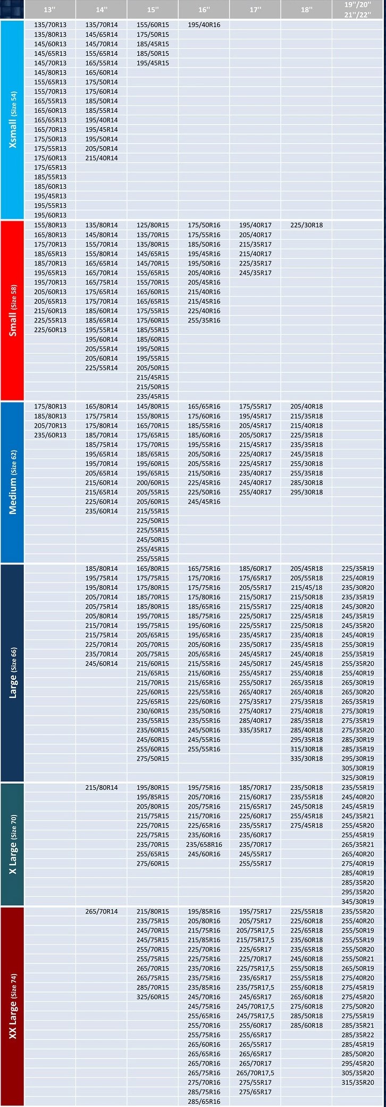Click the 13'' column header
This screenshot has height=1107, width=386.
click(50, 10)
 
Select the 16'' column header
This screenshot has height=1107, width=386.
click(204, 10)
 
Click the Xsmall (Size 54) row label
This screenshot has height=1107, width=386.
click(13, 120)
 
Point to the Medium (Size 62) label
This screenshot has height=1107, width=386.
click(13, 482)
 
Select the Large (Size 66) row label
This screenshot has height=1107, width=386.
click(13, 672)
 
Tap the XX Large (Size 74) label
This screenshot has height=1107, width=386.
click(13, 1006)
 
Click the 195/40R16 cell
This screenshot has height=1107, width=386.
click(204, 25)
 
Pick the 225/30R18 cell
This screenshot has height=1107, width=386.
click(306, 225)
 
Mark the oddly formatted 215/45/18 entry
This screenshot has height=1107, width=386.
click(306, 588)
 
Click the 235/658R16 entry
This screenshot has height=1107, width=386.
click(204, 845)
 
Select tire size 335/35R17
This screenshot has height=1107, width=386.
click(255, 730)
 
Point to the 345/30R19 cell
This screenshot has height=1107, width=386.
click(357, 902)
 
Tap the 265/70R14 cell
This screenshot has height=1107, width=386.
click(102, 912)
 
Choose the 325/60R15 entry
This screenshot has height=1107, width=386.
click(153, 997)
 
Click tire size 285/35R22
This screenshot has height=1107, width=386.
click(357, 1035)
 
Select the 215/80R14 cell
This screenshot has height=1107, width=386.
click(102, 788)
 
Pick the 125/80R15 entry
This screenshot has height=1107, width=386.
click(153, 225)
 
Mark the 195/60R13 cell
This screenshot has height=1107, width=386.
click(51, 215)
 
